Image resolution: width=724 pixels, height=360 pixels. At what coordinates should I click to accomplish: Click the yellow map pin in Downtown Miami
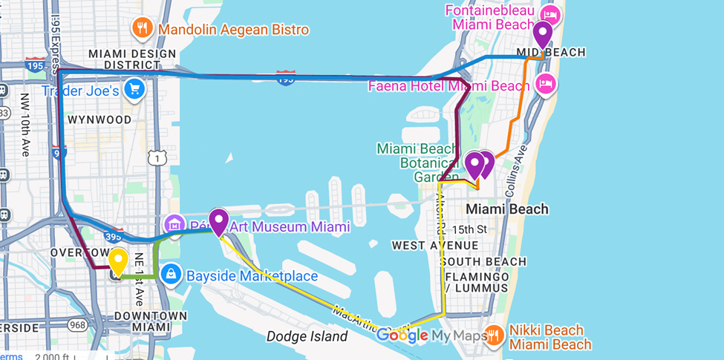click(x=118, y=262)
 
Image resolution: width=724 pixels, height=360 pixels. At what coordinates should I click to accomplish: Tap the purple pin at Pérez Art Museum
click(x=218, y=221)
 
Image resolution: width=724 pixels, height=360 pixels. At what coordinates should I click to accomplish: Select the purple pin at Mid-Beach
click(x=543, y=34)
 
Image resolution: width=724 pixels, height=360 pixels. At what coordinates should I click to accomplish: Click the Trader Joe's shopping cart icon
click(x=134, y=90)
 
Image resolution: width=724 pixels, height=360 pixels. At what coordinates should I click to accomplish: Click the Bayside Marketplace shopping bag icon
click(x=172, y=275)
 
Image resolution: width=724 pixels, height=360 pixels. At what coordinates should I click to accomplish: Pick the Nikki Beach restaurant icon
click(x=495, y=336)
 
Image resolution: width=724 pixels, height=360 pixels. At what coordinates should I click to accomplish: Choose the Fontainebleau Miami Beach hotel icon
click(x=549, y=14)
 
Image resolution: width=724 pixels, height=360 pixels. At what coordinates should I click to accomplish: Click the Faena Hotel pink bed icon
click(x=547, y=84)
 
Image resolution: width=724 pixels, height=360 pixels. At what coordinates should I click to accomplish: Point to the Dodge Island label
click(x=307, y=336)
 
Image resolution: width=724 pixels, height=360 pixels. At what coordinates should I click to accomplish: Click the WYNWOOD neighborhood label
click(x=100, y=120)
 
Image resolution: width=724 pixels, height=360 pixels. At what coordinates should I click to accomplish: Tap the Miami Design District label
click(x=132, y=60)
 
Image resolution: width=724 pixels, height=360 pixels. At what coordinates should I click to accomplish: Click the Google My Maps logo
click(x=431, y=336)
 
